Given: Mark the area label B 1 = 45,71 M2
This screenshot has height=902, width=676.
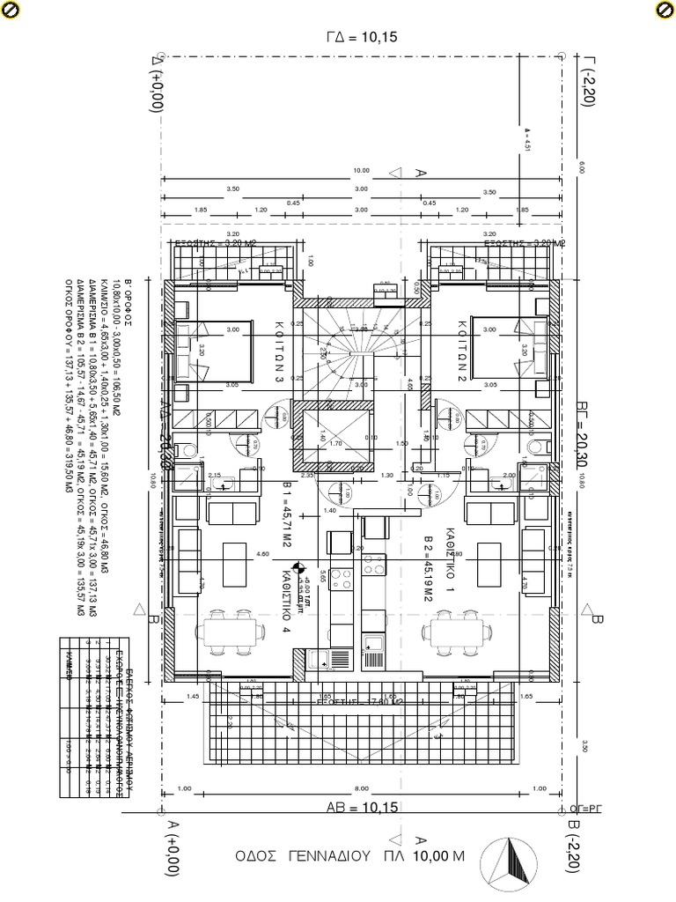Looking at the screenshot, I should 286,527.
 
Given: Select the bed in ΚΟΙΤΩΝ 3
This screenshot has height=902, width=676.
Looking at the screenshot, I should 217,350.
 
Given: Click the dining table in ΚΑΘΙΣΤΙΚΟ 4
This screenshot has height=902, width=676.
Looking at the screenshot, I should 234,632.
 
